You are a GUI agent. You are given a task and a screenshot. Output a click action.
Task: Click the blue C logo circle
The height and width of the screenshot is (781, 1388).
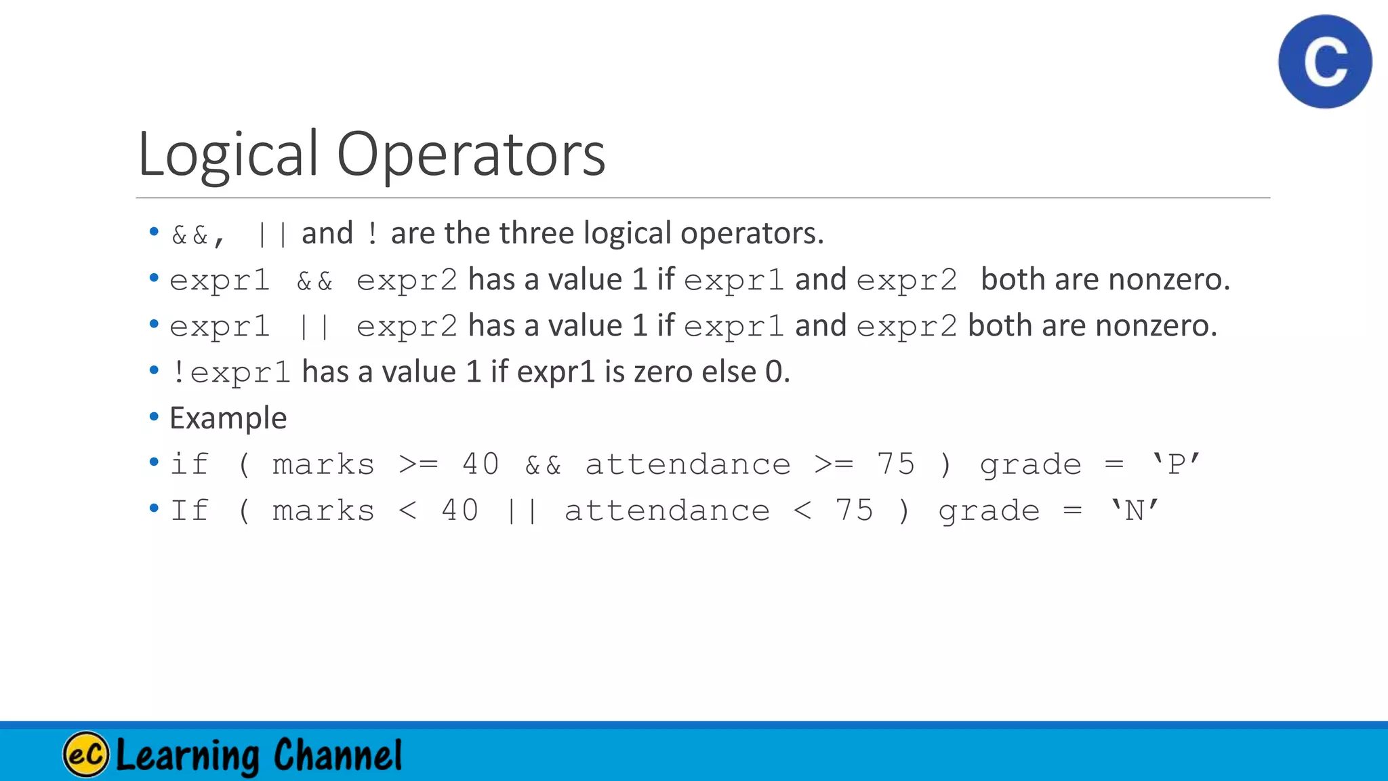(x=1325, y=62)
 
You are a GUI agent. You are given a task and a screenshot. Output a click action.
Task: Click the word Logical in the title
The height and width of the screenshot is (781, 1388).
(x=228, y=155)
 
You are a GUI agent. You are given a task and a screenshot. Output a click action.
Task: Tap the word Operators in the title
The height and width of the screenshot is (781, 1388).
(x=470, y=155)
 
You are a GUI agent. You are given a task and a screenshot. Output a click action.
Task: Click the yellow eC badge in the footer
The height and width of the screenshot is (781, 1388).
(x=86, y=754)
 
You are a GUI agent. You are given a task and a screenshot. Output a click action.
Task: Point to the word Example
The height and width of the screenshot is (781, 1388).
(x=228, y=418)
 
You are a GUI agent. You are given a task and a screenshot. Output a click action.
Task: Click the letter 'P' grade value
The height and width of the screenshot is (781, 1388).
(x=1177, y=464)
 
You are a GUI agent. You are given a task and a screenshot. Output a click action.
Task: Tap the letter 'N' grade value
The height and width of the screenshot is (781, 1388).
(x=1135, y=510)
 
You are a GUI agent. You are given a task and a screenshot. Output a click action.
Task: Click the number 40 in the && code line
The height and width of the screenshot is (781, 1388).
(x=481, y=464)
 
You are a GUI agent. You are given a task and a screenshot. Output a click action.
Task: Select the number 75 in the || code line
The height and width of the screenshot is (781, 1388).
(x=854, y=510)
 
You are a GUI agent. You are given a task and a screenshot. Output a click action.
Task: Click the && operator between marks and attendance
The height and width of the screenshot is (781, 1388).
(x=543, y=465)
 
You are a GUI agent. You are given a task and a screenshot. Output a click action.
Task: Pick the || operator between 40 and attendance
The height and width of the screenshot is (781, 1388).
(x=522, y=510)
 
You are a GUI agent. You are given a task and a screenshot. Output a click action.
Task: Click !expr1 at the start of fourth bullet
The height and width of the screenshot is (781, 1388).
(x=230, y=372)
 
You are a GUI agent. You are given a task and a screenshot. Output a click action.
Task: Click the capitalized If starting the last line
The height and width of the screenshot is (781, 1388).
(x=189, y=510)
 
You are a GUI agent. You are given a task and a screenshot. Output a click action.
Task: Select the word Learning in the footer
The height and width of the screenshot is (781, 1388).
(x=188, y=755)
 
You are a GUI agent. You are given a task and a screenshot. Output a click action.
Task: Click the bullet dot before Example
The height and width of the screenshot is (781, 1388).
(x=154, y=416)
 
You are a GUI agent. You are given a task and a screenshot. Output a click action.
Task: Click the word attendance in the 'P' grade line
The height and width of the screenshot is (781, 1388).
(x=687, y=464)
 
